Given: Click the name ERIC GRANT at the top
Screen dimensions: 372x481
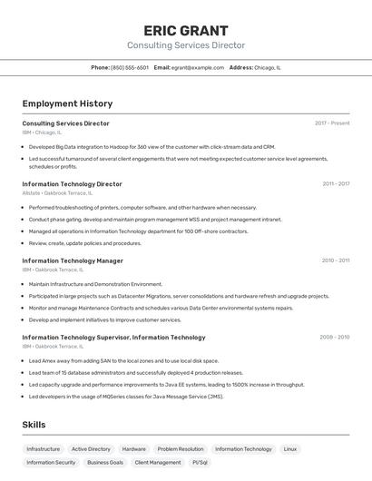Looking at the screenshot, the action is [185, 30].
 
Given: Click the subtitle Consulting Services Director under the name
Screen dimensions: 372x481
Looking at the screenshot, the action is [185, 45].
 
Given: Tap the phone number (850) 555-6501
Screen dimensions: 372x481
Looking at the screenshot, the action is [130, 67].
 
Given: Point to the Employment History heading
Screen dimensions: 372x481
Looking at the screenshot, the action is [67, 103].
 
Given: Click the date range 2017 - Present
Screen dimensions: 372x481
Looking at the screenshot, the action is [332, 123].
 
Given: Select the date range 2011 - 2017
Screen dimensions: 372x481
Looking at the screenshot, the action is [336, 183].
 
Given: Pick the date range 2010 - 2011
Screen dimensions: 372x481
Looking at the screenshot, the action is [336, 260].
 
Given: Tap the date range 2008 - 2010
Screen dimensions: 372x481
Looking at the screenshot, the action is [335, 337].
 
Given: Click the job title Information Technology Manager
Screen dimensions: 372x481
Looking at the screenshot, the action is [73, 260].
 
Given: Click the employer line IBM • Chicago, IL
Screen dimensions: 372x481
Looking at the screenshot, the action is [42, 132].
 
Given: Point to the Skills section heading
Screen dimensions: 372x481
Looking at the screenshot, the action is [34, 424].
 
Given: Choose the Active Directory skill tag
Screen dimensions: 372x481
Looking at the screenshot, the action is [91, 448].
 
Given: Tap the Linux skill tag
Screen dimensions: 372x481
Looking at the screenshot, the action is [290, 448].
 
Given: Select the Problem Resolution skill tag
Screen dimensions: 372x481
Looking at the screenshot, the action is [181, 448].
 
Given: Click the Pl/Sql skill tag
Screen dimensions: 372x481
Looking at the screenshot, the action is [200, 462].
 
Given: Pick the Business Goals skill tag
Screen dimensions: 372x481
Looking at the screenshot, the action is [105, 462].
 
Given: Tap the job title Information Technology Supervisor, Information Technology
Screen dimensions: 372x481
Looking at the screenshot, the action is [113, 337].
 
